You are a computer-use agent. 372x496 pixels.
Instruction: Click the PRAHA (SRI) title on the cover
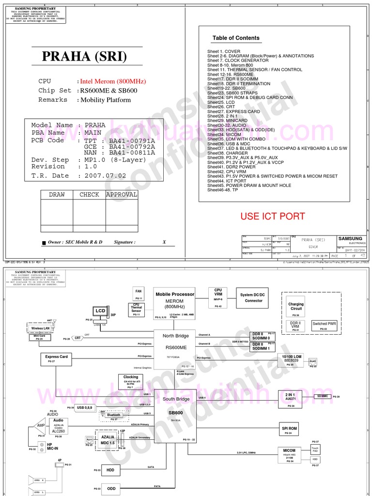[x=84, y=57]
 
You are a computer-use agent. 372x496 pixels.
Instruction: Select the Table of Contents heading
[x=236, y=38]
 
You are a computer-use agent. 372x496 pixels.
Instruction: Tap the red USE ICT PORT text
[x=273, y=216]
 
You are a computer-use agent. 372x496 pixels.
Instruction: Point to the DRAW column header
[x=57, y=195]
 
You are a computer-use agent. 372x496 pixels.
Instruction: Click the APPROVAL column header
[x=121, y=195]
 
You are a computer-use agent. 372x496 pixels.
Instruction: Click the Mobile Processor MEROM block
[x=175, y=304]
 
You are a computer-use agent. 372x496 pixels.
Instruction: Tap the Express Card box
[x=57, y=359]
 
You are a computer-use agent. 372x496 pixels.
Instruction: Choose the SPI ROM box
[x=289, y=429]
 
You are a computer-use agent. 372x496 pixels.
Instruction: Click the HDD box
[x=111, y=469]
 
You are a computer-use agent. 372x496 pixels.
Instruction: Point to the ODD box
[x=111, y=488]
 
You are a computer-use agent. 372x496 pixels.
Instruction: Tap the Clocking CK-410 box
[x=130, y=381]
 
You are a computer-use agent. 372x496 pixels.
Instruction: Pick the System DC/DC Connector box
[x=254, y=297]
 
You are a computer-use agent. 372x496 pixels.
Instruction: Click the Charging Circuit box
[x=296, y=306]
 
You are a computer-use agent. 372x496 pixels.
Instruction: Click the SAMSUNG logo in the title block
[x=350, y=239]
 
